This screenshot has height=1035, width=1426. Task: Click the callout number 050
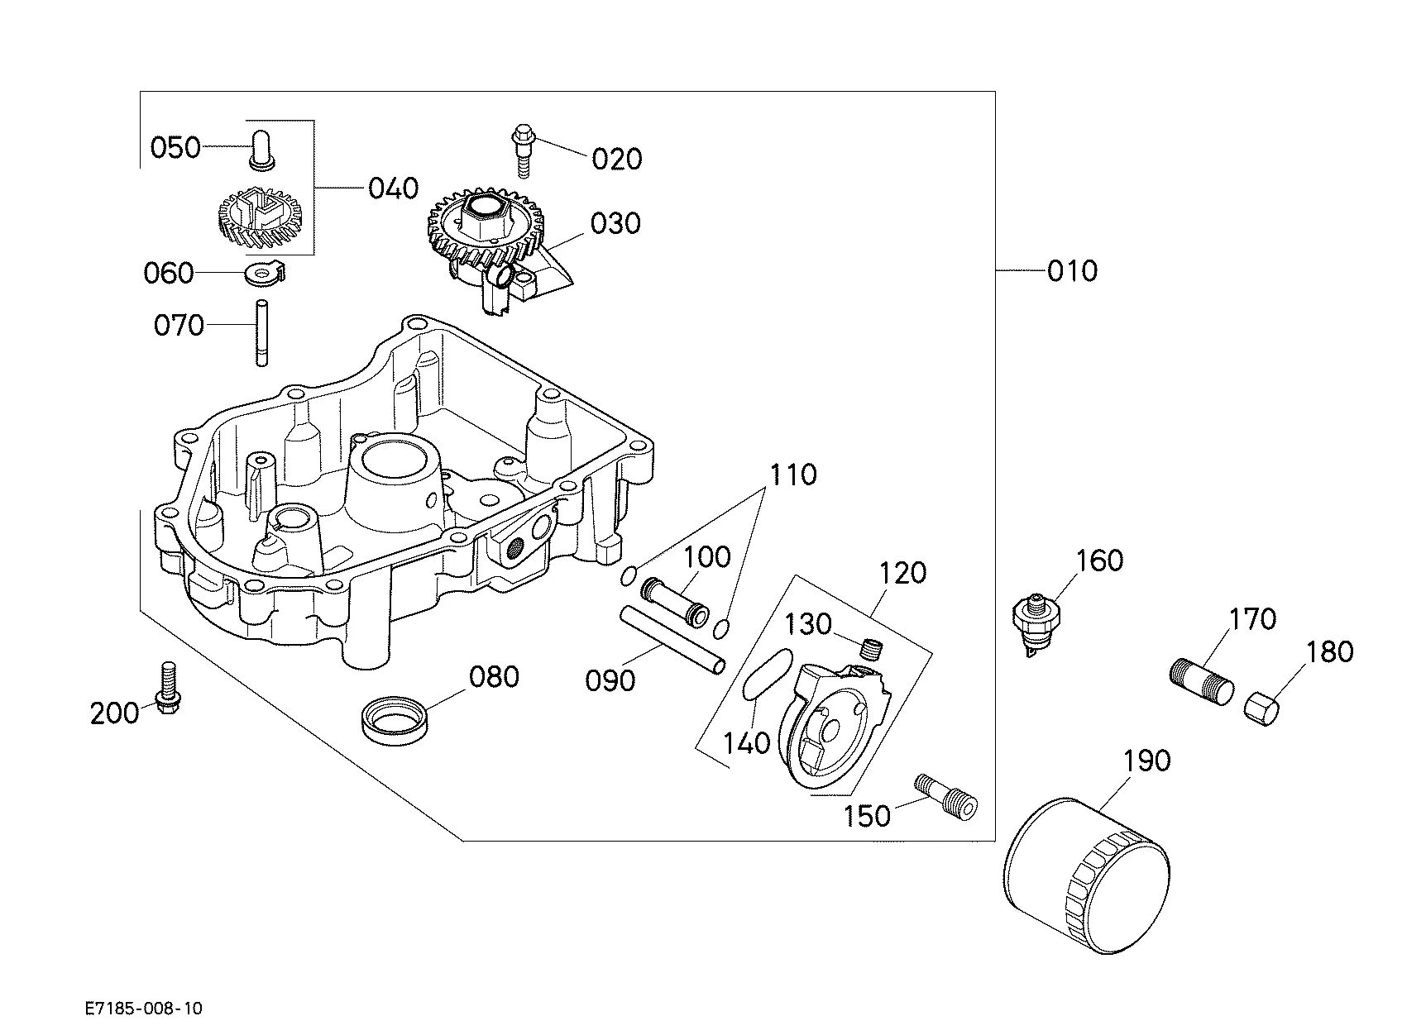click(x=175, y=147)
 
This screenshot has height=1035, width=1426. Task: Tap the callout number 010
click(x=1072, y=270)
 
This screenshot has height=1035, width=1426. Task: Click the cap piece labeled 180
click(x=1262, y=708)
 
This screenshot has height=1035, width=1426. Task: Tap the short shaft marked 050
click(x=261, y=150)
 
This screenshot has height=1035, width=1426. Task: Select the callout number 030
click(x=616, y=223)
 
